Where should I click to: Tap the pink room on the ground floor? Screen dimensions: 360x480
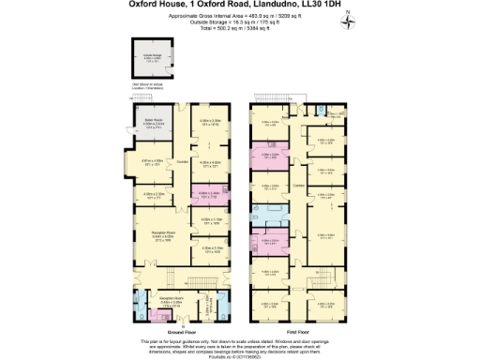[x=208, y=195]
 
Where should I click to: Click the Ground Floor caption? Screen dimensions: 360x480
[x=183, y=331]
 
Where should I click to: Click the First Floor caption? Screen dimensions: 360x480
[x=299, y=331]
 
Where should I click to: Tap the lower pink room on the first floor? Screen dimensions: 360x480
[x=270, y=241]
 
